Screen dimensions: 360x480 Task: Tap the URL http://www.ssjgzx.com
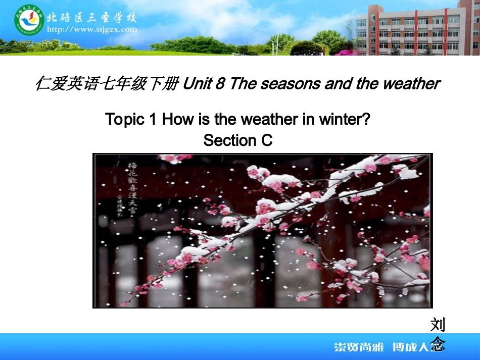91,29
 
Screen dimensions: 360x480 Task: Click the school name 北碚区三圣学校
91,17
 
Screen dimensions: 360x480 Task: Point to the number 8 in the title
219,83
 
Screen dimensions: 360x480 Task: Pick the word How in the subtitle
176,119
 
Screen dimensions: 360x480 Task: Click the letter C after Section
267,140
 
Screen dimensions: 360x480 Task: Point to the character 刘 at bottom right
438,325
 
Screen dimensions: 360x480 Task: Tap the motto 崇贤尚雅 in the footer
359,347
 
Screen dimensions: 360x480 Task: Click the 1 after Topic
154,119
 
